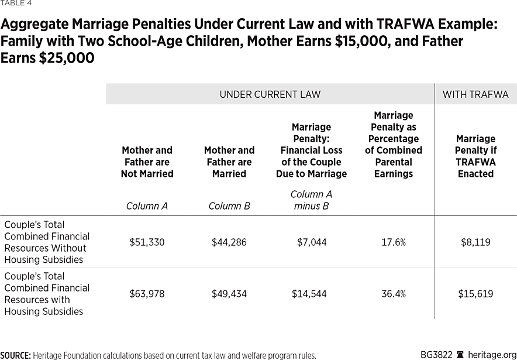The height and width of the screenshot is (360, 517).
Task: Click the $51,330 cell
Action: (x=147, y=242)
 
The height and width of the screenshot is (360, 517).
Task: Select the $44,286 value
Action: (x=229, y=242)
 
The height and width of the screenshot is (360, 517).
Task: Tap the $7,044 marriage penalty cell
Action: (x=311, y=242)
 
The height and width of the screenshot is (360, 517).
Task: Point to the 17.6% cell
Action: (x=394, y=242)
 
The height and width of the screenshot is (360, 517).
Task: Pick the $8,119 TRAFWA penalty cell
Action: (x=475, y=242)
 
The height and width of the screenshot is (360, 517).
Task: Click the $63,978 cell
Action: (x=147, y=294)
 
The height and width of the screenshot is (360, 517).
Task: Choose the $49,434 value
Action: (x=229, y=294)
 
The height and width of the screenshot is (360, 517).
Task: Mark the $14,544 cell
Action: (x=311, y=294)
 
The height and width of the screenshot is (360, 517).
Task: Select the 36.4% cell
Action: (x=394, y=294)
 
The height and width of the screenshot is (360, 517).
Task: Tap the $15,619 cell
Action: (x=475, y=294)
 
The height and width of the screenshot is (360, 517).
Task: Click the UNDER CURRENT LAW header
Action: (x=270, y=94)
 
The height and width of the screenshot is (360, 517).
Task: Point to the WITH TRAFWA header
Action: (x=475, y=94)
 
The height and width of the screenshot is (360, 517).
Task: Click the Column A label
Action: (x=147, y=206)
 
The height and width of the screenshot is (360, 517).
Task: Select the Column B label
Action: (x=229, y=206)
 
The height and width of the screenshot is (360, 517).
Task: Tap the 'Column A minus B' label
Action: (x=311, y=200)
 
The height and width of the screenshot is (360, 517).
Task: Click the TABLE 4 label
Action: (x=16, y=4)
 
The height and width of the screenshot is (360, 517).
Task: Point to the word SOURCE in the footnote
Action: (x=15, y=355)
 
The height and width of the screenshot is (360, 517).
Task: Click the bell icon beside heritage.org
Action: (x=461, y=355)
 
